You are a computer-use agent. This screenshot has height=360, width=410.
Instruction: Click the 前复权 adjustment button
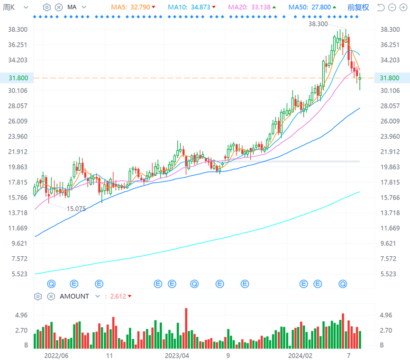(358, 7)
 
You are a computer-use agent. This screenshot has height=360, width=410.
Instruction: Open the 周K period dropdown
(15, 7)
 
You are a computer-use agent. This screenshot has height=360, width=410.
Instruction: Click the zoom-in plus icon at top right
(403, 8)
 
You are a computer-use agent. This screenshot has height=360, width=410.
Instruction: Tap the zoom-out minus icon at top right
(392, 8)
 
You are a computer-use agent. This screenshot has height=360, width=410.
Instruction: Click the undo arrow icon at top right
(381, 8)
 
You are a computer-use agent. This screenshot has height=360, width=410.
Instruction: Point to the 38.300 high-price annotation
(318, 24)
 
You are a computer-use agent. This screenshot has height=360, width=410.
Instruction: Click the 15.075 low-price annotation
(76, 209)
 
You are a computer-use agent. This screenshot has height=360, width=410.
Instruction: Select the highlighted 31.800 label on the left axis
(18, 78)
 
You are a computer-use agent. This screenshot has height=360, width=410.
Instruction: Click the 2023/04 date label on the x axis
(177, 356)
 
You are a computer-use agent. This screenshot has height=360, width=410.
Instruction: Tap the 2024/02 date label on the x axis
(300, 356)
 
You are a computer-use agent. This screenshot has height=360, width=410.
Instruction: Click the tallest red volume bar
(186, 328)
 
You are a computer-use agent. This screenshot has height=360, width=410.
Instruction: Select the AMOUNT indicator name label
(74, 296)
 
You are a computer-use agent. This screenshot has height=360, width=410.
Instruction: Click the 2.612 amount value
(118, 296)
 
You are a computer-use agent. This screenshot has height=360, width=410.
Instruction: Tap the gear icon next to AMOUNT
(38, 297)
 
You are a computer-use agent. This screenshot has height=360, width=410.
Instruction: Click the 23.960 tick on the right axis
(390, 136)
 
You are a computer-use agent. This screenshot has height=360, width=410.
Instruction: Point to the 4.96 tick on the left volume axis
(21, 315)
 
